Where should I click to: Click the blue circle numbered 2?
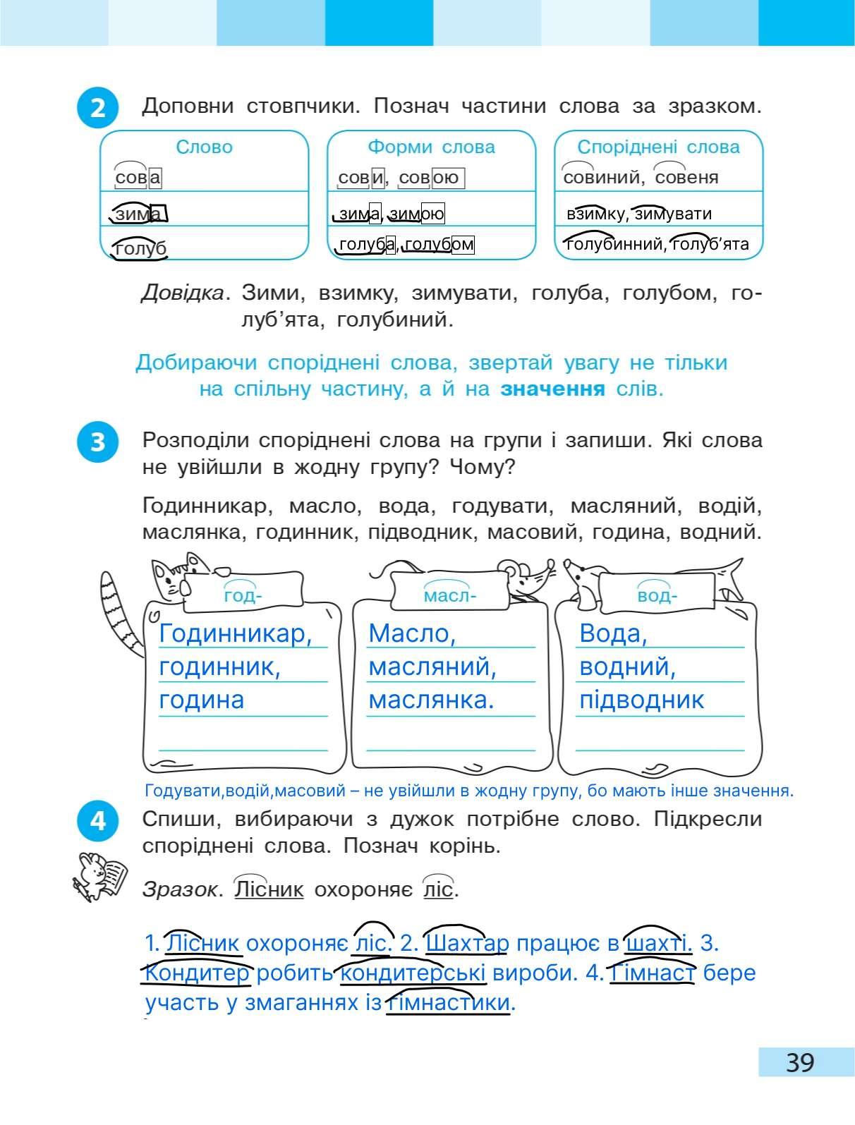[97, 109]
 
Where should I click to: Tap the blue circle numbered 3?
[97, 442]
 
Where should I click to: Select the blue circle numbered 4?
[97, 822]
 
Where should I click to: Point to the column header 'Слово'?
[204, 147]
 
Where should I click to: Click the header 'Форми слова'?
[431, 147]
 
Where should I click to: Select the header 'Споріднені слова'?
[658, 147]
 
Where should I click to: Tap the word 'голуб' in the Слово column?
[140, 248]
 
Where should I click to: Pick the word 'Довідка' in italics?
[183, 293]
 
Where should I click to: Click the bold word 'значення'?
[552, 389]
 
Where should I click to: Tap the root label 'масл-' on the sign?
[450, 596]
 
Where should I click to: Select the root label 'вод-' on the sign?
[657, 596]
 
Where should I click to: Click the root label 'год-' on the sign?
[243, 596]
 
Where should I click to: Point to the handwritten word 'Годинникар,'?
[236, 633]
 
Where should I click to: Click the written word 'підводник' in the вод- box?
[641, 700]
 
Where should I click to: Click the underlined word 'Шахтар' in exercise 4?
[468, 943]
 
